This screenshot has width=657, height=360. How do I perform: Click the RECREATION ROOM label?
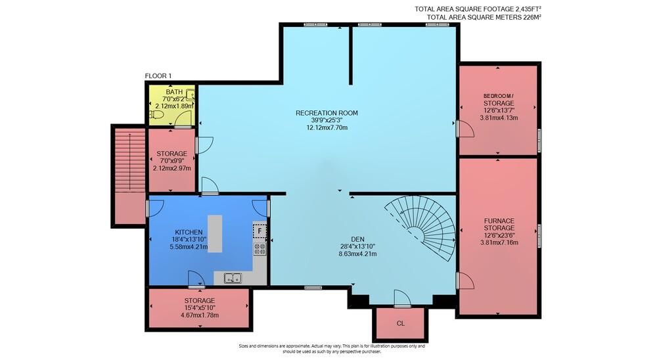pos(327,113)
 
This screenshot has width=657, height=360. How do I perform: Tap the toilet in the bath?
pos(157,114)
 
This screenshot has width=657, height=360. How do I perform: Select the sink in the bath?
pos(191,95)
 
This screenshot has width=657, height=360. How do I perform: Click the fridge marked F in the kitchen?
pos(260,231)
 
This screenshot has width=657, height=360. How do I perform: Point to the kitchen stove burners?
pos(260,249)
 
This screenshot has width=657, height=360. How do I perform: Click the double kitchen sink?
pos(233,277)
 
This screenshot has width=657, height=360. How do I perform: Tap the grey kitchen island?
pos(215,233)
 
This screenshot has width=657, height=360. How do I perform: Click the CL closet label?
pos(401,323)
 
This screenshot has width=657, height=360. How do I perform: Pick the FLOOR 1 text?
pos(158,76)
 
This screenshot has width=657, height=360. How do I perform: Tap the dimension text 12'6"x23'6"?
pos(499,235)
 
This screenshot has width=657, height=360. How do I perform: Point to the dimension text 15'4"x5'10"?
pos(200,308)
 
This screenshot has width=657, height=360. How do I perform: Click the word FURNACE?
pos(499,221)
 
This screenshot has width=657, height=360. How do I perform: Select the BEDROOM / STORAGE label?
pos(499,99)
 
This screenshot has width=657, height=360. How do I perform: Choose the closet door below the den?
pos(403,299)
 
